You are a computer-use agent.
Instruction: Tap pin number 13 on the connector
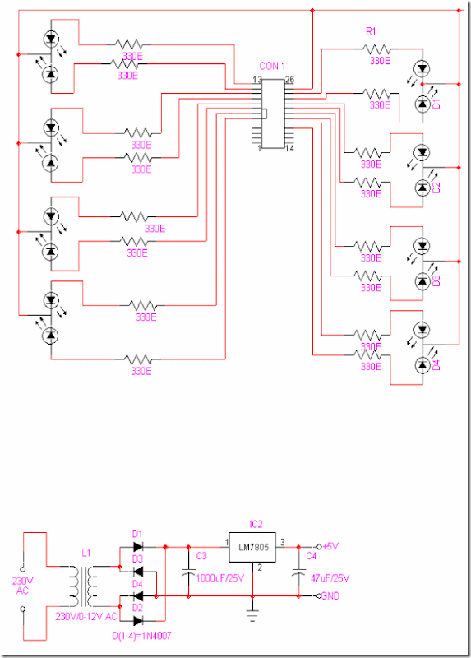tap(257, 80)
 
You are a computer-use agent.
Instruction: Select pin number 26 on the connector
tap(289, 80)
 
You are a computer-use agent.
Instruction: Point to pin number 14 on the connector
tap(289, 149)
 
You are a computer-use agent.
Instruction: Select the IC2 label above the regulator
tap(256, 523)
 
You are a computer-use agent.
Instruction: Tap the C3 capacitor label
tap(201, 556)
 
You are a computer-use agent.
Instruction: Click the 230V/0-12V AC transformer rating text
tap(86, 617)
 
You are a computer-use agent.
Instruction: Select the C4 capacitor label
tap(311, 556)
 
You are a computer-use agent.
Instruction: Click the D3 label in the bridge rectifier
tap(137, 558)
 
